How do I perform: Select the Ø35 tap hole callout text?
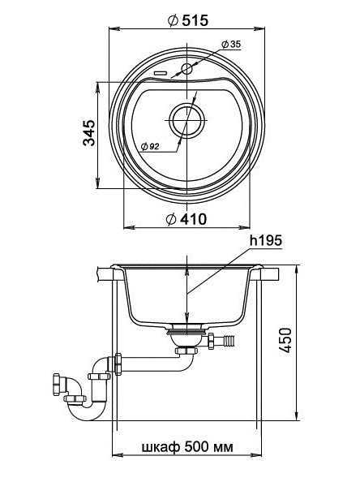tap(231, 45)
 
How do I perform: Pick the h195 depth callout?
tap(265, 241)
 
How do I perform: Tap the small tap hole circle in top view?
tap(186, 70)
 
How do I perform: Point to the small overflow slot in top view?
tap(161, 73)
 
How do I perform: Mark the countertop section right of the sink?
tap(271, 274)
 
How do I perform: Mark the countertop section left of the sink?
tap(103, 274)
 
